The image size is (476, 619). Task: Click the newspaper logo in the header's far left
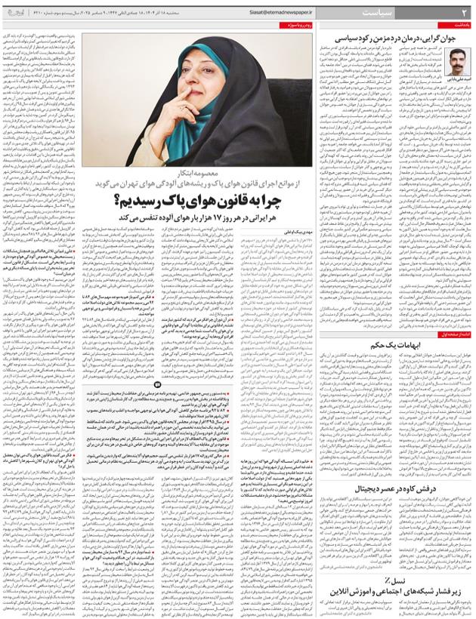tap(31, 14)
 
